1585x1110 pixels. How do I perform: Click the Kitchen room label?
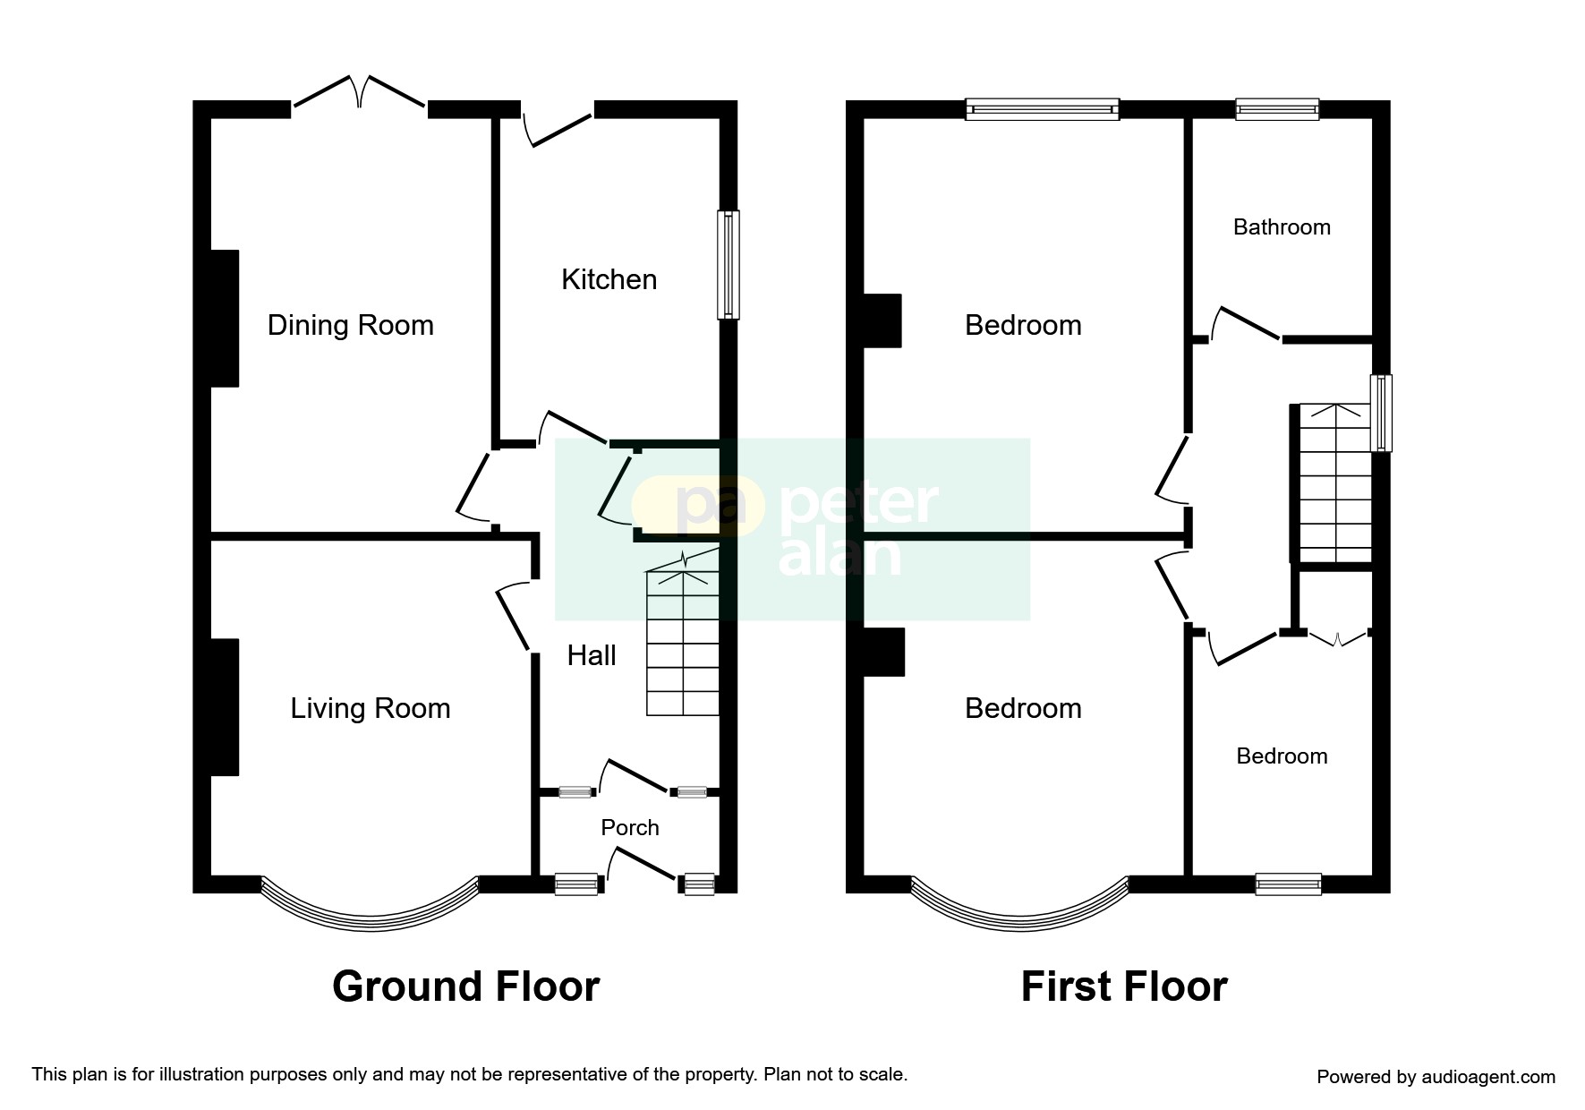pos(609,280)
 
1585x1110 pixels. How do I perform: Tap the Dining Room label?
pos(350,325)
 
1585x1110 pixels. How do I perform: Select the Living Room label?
pos(370,709)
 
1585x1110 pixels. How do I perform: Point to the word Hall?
pos(592,656)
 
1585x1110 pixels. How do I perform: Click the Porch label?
pos(629,828)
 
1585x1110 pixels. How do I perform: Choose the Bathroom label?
pos(1281,227)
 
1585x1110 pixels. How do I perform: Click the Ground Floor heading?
pos(465,986)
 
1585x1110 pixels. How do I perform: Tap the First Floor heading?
pos(1123,986)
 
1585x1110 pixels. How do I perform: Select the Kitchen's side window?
pos(729,265)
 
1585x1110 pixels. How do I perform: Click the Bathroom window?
pos(1276,109)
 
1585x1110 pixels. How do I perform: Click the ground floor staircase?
pos(683,640)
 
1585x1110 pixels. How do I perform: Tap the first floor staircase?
pos(1334,483)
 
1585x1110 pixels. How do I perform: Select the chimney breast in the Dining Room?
pos(224,319)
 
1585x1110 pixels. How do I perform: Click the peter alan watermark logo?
pos(791,528)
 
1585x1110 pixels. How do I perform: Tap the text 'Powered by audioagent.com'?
pos(1435,1077)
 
